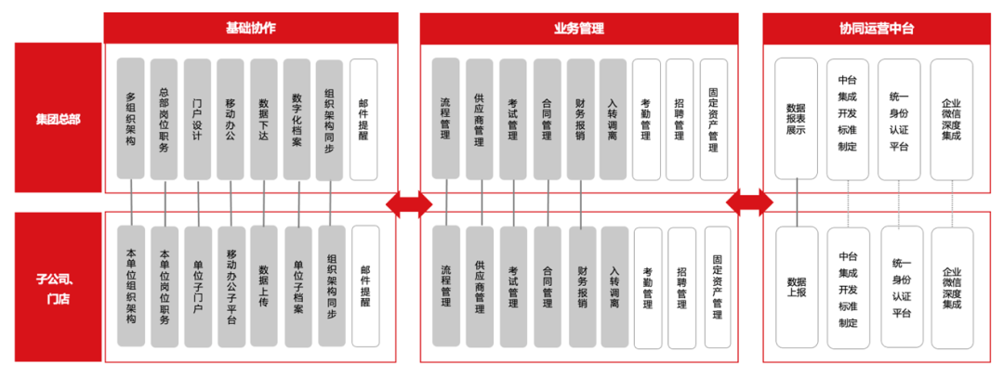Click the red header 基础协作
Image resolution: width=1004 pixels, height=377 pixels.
click(250, 29)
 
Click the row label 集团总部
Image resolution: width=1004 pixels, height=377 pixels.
click(58, 118)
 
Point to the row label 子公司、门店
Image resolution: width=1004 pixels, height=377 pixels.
click(58, 287)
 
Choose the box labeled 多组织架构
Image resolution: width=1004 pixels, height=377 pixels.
click(131, 119)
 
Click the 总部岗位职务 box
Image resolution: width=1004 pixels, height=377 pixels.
click(165, 119)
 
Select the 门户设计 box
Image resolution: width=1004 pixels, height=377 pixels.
click(197, 119)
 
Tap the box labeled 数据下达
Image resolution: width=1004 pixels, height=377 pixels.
click(264, 119)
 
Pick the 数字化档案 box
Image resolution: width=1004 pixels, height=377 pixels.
click(297, 119)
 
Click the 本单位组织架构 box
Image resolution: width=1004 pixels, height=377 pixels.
click(131, 287)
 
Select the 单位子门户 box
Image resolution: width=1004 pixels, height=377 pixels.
click(198, 287)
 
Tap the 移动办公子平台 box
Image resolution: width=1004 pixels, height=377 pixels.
click(231, 287)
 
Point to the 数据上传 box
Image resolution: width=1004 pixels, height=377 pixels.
click(265, 287)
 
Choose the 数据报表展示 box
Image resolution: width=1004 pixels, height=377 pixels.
click(796, 119)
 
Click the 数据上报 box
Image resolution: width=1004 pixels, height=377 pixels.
click(797, 287)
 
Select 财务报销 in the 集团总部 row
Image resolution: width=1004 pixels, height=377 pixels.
click(580, 119)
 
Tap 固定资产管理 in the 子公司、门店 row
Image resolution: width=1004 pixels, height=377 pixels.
click(716, 287)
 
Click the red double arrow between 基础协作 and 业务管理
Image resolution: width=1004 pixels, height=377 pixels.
click(409, 203)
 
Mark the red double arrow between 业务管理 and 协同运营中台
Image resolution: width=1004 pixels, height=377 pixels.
click(749, 202)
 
